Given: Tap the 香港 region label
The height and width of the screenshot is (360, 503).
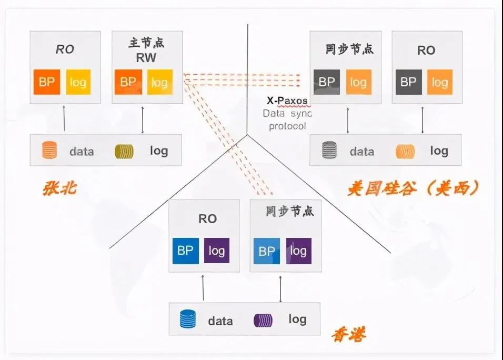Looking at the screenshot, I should [x=348, y=333].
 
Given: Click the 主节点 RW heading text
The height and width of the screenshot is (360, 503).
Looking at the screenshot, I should [x=143, y=50].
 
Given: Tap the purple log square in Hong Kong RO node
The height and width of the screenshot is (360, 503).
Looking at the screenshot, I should [x=216, y=251].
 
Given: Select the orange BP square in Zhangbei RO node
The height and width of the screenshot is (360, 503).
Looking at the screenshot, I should [x=47, y=82].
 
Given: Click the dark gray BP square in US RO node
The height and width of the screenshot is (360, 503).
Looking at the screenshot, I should [x=408, y=82].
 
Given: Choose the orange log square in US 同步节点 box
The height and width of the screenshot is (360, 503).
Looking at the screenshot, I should [x=358, y=82].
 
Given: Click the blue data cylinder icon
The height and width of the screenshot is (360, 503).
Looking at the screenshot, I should [x=187, y=319].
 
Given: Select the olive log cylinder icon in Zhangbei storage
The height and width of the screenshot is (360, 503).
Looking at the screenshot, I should [x=124, y=151].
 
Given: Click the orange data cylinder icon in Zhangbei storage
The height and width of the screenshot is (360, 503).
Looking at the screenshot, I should [x=49, y=151].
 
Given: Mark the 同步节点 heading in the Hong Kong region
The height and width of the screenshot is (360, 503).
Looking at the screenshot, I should [x=289, y=212].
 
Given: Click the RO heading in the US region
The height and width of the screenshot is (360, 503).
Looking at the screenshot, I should [x=426, y=51].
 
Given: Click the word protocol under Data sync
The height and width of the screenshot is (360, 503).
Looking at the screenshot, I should [x=287, y=126].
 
